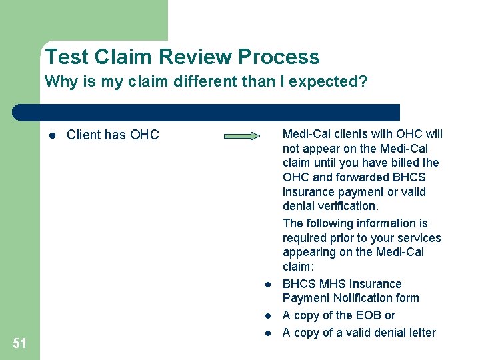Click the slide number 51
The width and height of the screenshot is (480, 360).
point(20,343)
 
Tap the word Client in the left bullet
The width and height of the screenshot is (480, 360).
point(84,135)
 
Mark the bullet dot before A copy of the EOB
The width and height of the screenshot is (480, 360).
point(266,316)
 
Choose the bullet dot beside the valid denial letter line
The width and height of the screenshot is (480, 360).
point(266,333)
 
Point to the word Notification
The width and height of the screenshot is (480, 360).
point(385,298)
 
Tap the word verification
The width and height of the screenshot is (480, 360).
point(347,206)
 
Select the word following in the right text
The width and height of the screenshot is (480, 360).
point(334,223)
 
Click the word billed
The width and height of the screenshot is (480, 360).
point(401,163)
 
